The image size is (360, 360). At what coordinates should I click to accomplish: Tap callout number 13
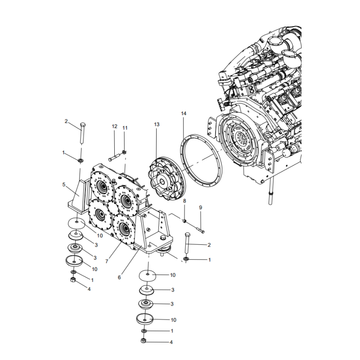pyautogui.click(x=156, y=124)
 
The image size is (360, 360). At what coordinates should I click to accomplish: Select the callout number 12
pyautogui.click(x=114, y=127)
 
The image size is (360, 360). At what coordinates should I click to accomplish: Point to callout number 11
pyautogui.click(x=125, y=128)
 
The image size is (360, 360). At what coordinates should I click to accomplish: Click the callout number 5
pyautogui.click(x=64, y=184)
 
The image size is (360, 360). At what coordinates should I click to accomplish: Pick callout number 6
pyautogui.click(x=119, y=278)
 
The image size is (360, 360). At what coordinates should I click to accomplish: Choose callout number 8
pyautogui.click(x=184, y=200)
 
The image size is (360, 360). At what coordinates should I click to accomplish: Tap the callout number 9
pyautogui.click(x=201, y=207)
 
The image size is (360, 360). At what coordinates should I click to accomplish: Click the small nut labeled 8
pyautogui.click(x=184, y=220)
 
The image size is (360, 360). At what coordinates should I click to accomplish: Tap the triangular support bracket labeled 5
pyautogui.click(x=76, y=196)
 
